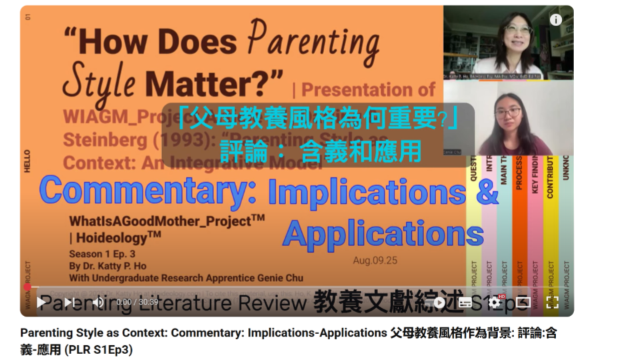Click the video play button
[41, 303]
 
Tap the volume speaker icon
[97, 303]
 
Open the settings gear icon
[494, 302]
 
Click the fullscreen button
[552, 302]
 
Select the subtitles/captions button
[465, 302]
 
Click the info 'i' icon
[555, 20]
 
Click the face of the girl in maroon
[508, 115]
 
